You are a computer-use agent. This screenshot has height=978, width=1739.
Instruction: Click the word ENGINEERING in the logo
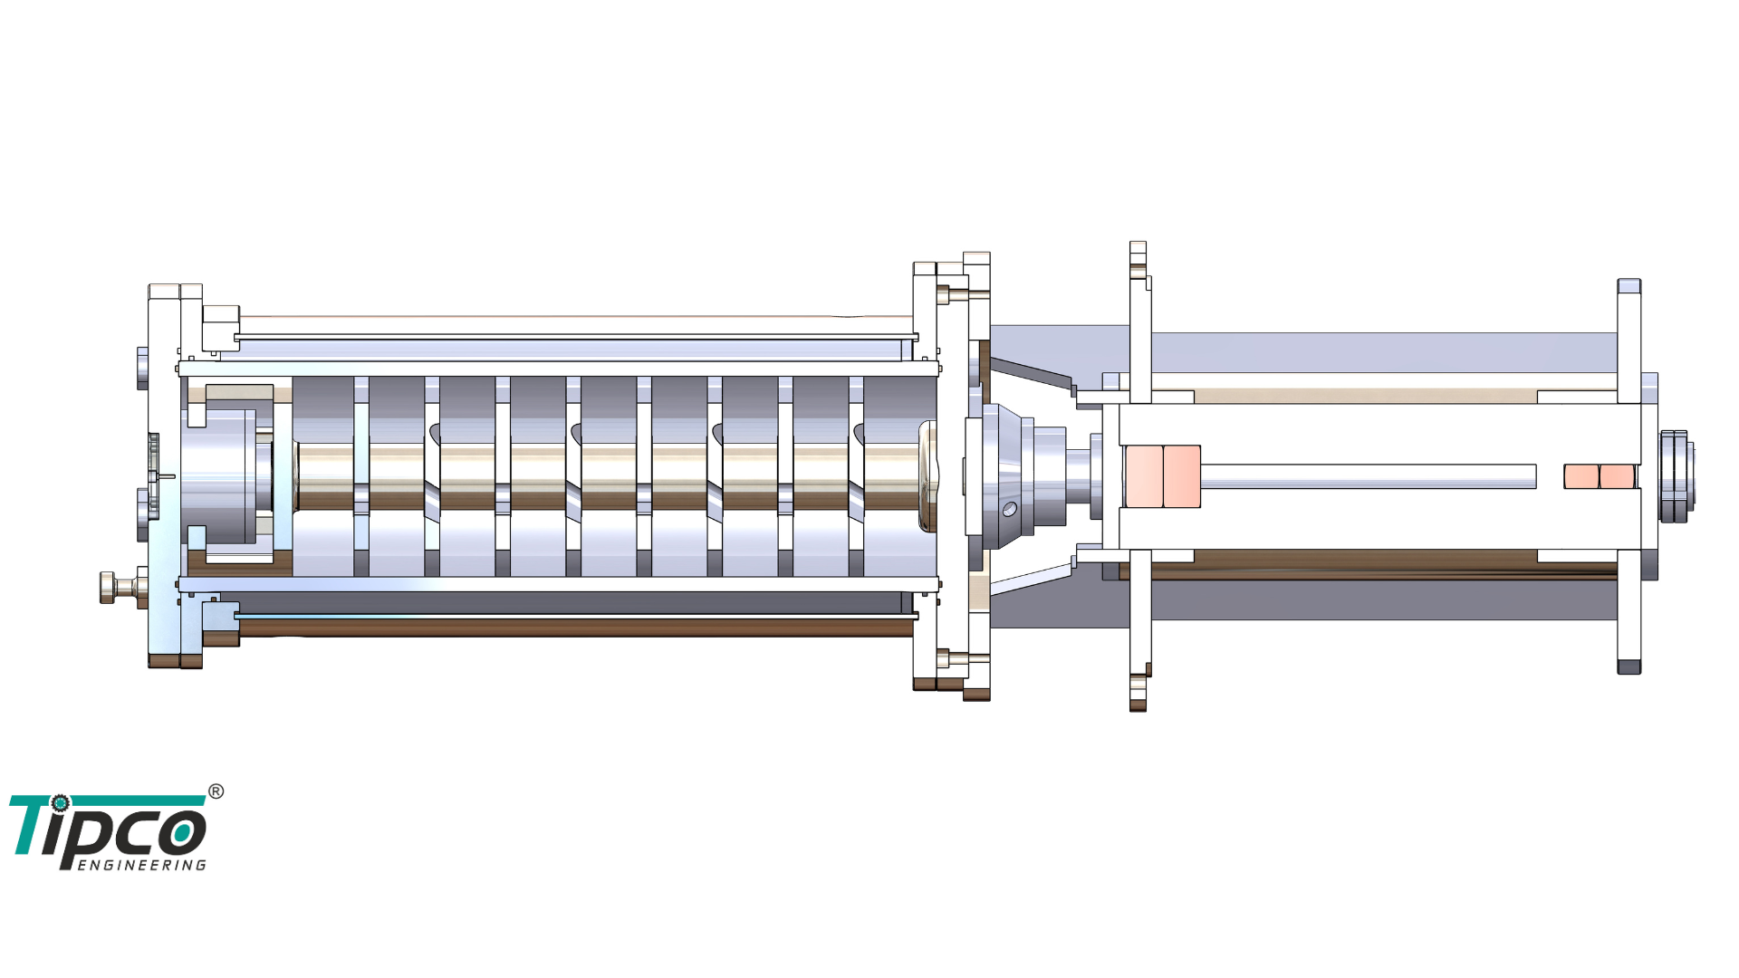(142, 865)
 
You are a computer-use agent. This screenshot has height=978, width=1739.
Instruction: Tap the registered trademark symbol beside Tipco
(216, 791)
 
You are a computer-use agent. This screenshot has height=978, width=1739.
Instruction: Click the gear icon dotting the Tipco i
(60, 803)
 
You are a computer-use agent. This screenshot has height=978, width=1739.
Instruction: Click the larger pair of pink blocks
(1162, 476)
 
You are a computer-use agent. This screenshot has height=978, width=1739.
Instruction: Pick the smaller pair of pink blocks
(1600, 476)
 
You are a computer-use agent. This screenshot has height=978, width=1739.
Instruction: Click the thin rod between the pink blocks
(1369, 476)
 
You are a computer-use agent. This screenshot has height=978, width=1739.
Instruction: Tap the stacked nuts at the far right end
(1677, 476)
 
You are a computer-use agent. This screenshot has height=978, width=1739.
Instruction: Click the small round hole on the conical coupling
(1010, 510)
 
